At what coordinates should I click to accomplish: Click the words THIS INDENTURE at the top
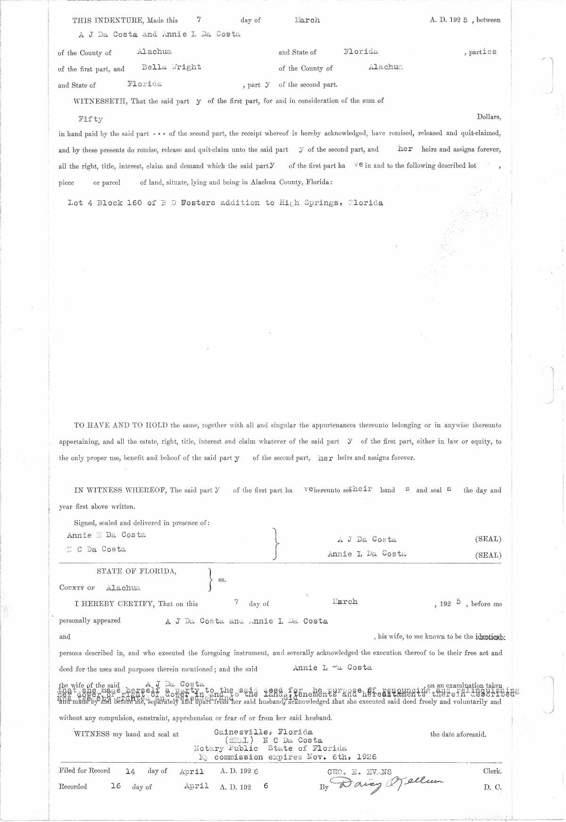pos(108,20)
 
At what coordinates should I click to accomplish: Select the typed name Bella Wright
pos(171,67)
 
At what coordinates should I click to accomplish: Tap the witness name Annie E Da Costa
pos(106,535)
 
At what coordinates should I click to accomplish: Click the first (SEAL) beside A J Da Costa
pos(488,539)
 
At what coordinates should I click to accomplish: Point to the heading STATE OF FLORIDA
pos(136,571)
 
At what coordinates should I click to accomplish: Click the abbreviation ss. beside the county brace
pos(222,580)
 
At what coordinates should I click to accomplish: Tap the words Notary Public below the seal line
pos(225,749)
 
